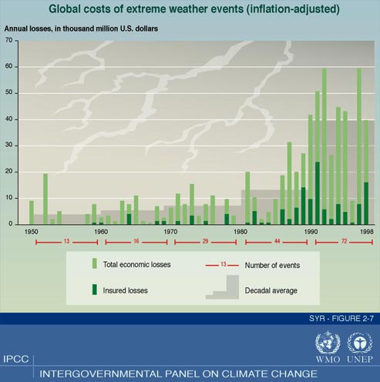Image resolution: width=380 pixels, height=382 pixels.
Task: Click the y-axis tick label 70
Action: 8,40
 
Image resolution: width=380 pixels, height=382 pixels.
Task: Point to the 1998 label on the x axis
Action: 367,232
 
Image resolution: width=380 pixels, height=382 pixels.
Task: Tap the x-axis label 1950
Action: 31,232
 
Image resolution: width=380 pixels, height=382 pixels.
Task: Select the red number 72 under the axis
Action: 344,241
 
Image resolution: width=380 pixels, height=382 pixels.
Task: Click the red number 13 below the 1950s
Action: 66,241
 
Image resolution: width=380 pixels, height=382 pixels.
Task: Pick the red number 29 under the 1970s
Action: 205,241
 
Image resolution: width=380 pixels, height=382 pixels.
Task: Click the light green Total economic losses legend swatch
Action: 95,263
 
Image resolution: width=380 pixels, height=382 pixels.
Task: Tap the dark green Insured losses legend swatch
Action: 95,290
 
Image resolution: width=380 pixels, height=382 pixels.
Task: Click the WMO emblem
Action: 328,343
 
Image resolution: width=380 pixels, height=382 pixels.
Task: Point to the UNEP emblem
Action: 360,343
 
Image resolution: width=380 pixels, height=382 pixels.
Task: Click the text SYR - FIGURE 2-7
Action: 341,319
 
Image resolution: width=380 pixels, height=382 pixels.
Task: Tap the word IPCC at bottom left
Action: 16,359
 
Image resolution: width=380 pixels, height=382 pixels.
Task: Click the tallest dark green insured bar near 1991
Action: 318,193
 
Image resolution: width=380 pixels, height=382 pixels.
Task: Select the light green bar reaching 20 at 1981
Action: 247,198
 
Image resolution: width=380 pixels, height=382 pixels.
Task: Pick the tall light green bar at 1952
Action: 45,199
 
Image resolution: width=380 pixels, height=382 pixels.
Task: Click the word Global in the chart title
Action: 66,9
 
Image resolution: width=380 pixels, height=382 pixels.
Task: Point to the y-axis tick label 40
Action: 8,119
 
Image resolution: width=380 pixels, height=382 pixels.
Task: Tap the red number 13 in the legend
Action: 223,264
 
